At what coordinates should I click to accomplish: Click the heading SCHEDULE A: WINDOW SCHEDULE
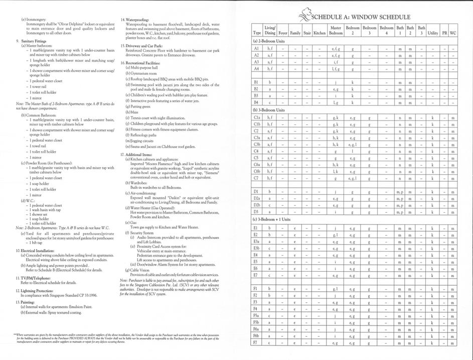(x=361, y=17)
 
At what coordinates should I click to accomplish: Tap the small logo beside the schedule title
(x=304, y=17)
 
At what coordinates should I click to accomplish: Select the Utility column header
(x=432, y=33)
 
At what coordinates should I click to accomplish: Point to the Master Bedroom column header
(x=336, y=30)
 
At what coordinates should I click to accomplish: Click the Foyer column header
(x=283, y=33)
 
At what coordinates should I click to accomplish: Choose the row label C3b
(x=256, y=143)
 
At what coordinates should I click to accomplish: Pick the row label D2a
(x=256, y=198)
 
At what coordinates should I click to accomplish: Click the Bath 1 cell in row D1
(x=400, y=192)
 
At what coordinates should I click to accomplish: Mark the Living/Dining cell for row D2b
(x=270, y=205)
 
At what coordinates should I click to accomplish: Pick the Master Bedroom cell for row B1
(x=335, y=82)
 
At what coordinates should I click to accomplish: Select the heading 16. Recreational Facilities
(x=145, y=63)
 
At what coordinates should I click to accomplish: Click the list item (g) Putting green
(x=141, y=106)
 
